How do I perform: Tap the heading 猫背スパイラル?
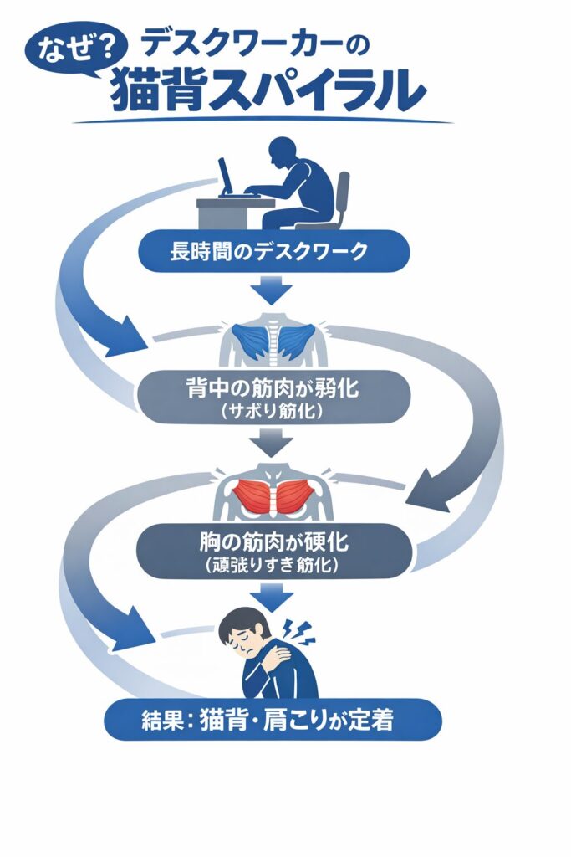pos(264,90)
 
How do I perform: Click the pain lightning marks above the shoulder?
pos(303,630)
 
